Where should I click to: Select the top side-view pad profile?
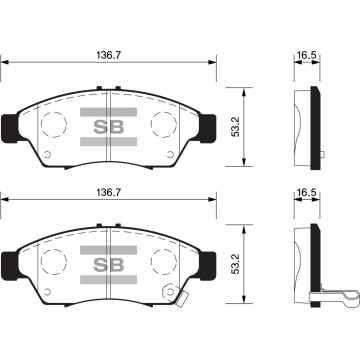coord(306,125)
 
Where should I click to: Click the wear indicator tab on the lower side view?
coord(335,295)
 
